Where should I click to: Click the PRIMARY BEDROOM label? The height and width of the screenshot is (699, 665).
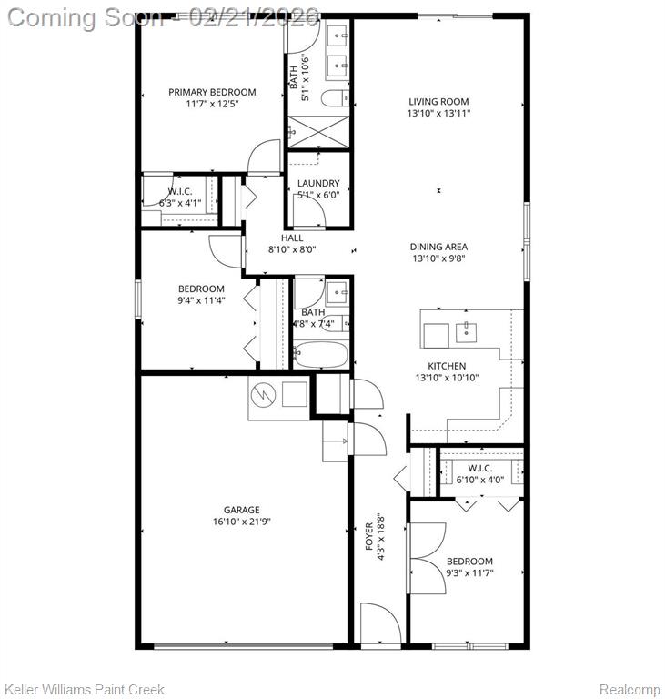point(212,92)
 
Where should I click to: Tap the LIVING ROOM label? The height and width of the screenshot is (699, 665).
point(438,102)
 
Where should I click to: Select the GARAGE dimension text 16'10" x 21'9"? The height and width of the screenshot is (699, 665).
point(242,522)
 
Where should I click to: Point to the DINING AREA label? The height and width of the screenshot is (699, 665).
point(438,247)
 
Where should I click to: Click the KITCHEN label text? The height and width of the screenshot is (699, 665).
point(447,366)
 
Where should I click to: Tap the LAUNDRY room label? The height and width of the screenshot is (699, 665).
point(318,183)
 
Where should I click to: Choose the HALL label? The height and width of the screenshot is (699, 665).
point(292,238)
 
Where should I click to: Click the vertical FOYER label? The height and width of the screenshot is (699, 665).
point(369,536)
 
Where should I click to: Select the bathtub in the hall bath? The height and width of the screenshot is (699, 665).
point(320,355)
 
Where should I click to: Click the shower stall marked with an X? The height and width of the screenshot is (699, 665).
point(318,132)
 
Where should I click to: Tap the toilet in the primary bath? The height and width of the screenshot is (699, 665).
point(335,98)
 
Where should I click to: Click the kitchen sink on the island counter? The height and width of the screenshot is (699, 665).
point(466,332)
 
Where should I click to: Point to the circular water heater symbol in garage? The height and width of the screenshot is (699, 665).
point(263,394)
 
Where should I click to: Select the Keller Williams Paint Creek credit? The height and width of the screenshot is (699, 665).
point(85,689)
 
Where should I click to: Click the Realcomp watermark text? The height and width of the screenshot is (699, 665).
point(629,689)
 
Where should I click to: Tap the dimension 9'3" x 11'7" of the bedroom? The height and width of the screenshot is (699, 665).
point(469,572)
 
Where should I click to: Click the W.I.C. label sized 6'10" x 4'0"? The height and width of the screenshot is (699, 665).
point(480,469)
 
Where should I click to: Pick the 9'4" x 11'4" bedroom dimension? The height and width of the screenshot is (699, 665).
point(201,300)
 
